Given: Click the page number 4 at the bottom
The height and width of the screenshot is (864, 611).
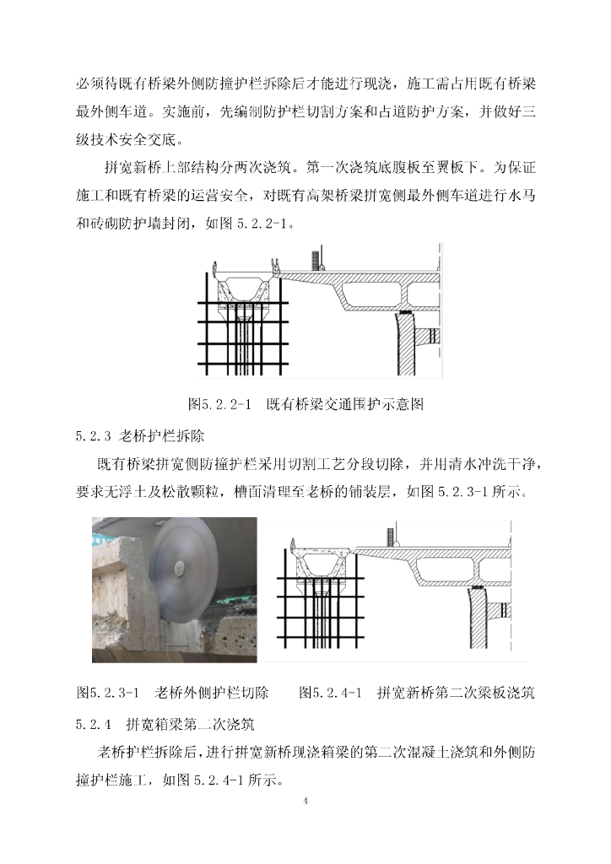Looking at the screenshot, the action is pos(305,801).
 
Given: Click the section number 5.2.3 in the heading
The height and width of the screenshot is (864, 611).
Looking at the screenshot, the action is pos(94,436).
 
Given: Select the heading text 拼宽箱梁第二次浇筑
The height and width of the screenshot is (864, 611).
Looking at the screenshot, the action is pos(190,723).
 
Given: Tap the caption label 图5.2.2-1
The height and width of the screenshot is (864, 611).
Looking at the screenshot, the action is pos(219,404).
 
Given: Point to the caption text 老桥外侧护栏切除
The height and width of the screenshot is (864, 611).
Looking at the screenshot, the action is pos(212,693).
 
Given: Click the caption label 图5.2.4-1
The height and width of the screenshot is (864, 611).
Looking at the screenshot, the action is pos(330,693).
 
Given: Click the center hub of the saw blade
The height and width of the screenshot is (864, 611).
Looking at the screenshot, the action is pos(178,565).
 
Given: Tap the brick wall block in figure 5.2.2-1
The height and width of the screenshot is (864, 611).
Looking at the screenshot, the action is pos(316,260).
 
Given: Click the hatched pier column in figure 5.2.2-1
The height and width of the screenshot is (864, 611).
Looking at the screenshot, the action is pos(405,344).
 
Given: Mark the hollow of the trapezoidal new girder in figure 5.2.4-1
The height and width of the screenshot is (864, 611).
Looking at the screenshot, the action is pos(322,564).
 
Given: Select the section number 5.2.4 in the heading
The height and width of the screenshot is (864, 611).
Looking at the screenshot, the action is pos(94,724).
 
